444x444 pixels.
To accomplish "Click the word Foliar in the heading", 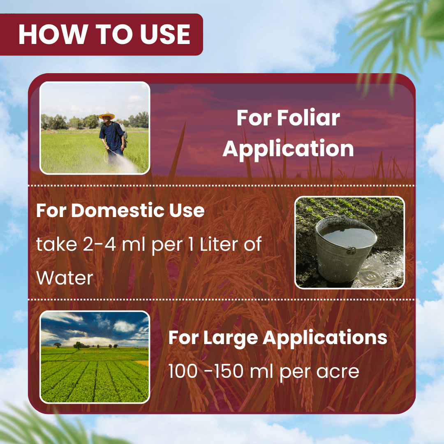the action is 308,118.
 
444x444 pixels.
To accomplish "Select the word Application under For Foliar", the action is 288,149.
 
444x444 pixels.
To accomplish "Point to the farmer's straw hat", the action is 107,115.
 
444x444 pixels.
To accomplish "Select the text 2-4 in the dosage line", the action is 99,244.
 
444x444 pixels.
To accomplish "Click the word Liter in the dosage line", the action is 219,244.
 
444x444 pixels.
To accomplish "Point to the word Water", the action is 65,278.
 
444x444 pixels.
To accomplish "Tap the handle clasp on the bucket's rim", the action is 351,250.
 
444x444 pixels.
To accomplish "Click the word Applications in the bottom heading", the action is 325,338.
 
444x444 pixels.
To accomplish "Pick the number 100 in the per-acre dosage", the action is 183,371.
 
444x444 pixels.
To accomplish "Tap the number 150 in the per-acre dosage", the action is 229,371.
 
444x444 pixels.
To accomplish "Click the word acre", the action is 338,372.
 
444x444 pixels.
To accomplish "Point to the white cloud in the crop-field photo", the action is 124,326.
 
